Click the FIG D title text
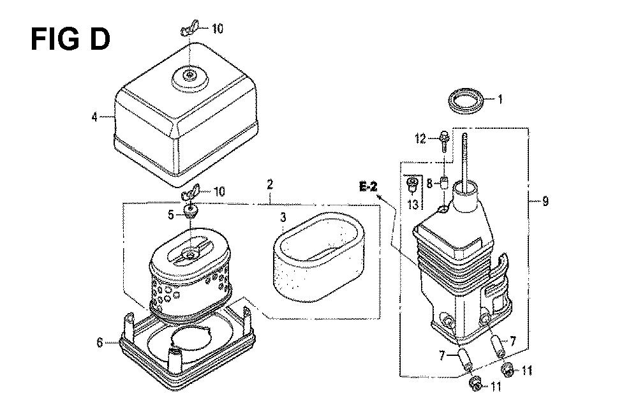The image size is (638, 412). point(70,39)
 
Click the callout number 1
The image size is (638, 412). point(500,99)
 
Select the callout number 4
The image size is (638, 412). point(94,117)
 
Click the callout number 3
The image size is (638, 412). point(283,217)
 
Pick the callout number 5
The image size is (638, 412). point(171,214)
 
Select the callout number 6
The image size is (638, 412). point(100,342)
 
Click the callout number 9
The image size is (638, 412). point(545,201)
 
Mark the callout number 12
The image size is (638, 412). point(420,139)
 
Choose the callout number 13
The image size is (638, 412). point(413,203)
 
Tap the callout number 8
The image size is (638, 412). point(429,184)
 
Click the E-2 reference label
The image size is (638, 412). point(368,187)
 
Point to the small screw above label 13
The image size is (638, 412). point(412,185)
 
